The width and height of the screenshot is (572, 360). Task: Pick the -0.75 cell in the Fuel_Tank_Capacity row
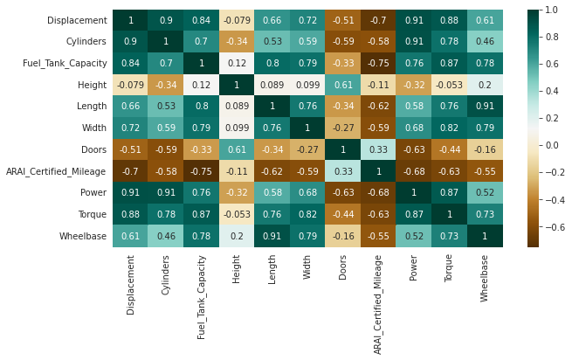pos(379,63)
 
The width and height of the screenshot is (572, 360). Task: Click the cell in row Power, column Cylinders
pos(166,192)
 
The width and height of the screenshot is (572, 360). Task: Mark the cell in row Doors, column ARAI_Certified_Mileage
pos(379,149)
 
